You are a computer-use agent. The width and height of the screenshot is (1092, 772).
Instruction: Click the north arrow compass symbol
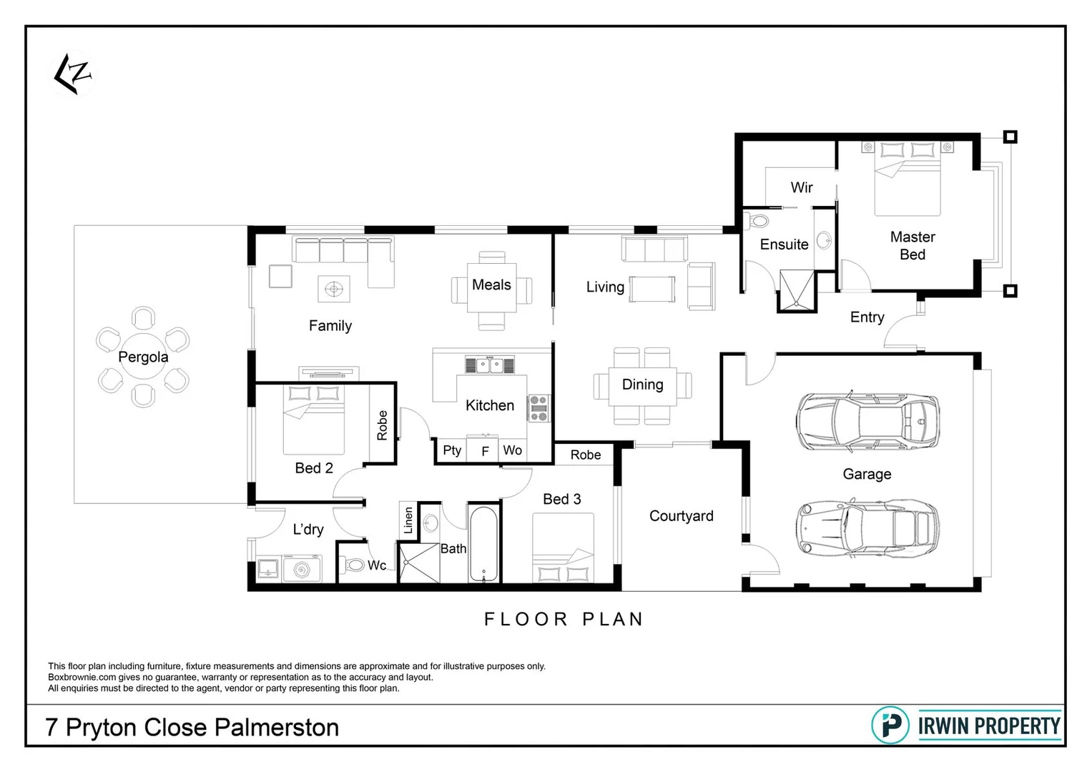(73, 74)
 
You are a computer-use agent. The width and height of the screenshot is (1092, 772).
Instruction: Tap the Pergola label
(143, 357)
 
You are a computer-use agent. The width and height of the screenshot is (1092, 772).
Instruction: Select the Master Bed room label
(912, 245)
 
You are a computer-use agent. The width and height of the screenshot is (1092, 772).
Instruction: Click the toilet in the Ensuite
(755, 220)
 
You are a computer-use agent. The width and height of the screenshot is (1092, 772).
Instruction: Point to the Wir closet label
(801, 187)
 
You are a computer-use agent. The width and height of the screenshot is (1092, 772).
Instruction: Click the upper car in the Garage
(867, 422)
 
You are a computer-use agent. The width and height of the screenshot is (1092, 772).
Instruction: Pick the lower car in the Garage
(867, 528)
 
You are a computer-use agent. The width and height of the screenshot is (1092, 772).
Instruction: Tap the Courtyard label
(681, 516)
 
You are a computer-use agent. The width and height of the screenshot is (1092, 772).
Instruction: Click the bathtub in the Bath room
(484, 544)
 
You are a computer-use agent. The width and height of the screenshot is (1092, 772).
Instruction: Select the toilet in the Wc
(353, 565)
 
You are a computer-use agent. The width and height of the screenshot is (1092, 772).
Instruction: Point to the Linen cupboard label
(408, 520)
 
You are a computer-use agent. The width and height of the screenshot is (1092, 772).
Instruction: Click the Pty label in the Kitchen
(452, 450)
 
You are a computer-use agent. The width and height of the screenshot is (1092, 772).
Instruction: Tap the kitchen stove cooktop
(538, 407)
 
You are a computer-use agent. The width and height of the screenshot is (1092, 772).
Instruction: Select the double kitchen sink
(489, 365)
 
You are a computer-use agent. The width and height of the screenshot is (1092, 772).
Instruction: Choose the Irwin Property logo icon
(890, 726)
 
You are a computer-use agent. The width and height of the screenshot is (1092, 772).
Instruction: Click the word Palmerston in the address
(277, 728)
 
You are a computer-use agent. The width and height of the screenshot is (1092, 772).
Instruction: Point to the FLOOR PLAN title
(564, 619)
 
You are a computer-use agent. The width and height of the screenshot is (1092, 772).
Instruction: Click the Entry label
(867, 317)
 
